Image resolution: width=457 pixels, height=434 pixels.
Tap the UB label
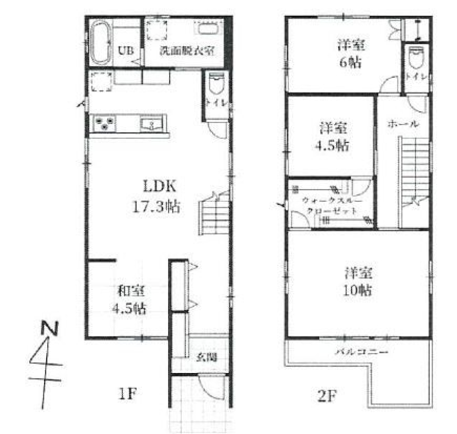point(126,50)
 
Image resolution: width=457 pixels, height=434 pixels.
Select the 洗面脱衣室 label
point(186,51)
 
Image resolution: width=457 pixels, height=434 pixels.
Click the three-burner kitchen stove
point(104,123)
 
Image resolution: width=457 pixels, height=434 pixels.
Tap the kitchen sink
point(151,125)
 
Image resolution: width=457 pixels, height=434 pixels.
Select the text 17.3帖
point(156,206)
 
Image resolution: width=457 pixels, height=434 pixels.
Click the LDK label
point(160,187)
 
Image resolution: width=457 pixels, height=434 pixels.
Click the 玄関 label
point(207,357)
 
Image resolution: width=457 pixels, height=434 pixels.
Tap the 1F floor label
point(127,394)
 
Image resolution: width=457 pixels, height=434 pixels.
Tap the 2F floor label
point(327,395)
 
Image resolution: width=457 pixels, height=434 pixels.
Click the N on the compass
point(50,329)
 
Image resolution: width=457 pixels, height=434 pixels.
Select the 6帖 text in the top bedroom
point(350,63)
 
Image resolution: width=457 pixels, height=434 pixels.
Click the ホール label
point(403,124)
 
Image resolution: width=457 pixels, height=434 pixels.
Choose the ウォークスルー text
point(332,201)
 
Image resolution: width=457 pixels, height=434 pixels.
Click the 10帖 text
point(357,291)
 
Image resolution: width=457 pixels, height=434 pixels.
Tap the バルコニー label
point(362,352)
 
